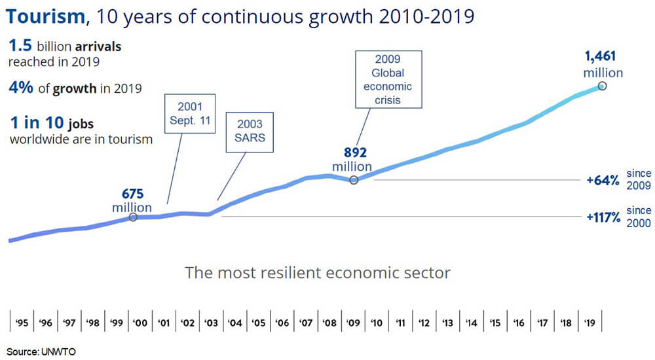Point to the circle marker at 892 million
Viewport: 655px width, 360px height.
point(354,179)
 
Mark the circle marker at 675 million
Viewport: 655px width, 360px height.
point(133,217)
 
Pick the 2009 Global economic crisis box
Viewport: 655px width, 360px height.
point(388,79)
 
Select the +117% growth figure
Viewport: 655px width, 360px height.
point(603,217)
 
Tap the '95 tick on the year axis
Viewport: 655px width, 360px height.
point(21,323)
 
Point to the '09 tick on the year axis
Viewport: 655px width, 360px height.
point(354,323)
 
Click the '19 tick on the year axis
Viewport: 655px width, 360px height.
point(590,323)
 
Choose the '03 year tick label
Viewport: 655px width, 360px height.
point(211,323)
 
